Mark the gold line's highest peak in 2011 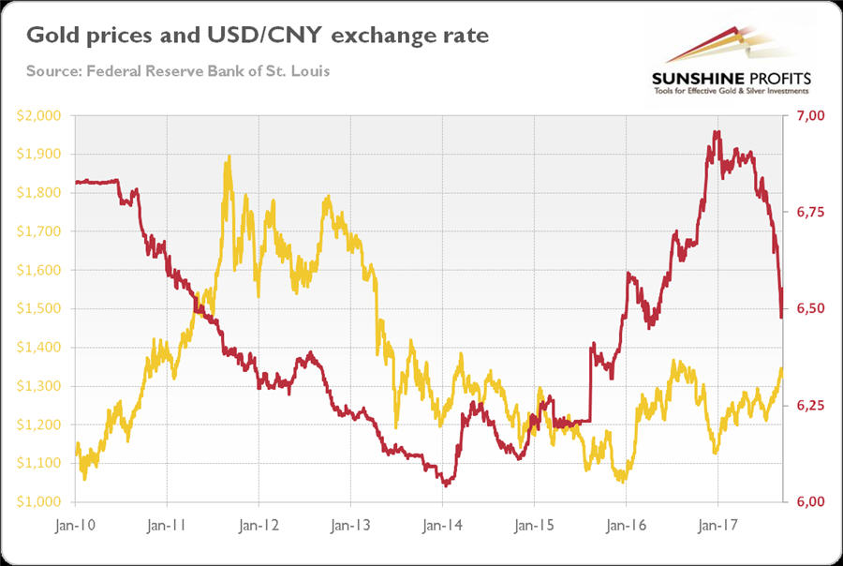click(x=228, y=157)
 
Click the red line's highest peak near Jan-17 click(x=717, y=132)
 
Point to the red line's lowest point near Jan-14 click(x=446, y=485)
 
